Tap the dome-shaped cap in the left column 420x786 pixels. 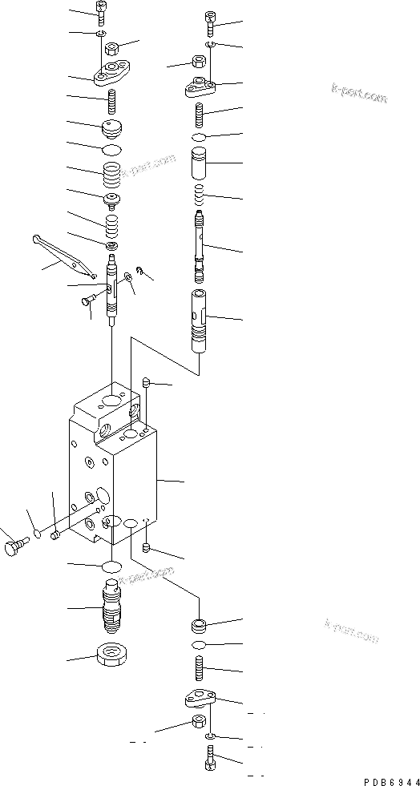[113, 127]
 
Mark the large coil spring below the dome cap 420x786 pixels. [113, 171]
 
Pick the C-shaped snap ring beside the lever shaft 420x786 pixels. [139, 272]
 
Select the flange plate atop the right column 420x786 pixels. [201, 87]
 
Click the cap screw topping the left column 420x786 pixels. [102, 12]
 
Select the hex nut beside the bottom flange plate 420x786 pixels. [199, 724]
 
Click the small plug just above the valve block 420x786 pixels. [147, 383]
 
